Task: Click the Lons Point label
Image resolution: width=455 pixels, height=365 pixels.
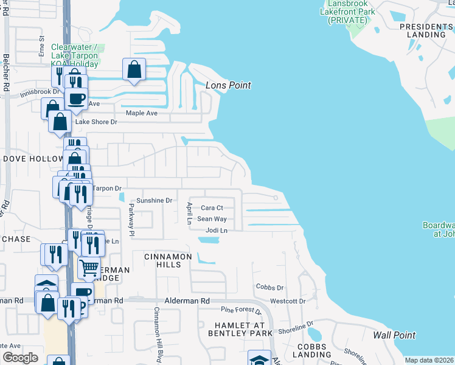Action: (x=228, y=86)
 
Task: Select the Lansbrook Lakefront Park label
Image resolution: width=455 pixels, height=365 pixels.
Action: (x=347, y=12)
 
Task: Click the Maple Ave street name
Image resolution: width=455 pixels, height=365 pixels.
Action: (x=141, y=113)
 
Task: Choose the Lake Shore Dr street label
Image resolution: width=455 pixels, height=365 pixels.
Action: (x=96, y=122)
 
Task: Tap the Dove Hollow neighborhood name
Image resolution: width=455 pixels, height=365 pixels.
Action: (x=33, y=159)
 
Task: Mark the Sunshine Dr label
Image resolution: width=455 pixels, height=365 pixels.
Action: (x=155, y=200)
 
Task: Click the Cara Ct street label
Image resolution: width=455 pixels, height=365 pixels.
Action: (x=212, y=208)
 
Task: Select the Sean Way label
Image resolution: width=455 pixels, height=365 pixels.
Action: (x=212, y=219)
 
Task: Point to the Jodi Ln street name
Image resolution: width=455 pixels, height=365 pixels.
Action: (x=216, y=231)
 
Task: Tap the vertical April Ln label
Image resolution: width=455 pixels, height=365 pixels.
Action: (x=190, y=214)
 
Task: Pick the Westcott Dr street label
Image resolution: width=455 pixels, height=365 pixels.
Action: (x=288, y=301)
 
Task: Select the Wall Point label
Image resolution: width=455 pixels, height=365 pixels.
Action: (x=394, y=335)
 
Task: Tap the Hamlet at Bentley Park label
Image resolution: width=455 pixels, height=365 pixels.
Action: (x=240, y=329)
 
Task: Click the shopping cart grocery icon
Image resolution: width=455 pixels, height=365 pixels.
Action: (x=89, y=268)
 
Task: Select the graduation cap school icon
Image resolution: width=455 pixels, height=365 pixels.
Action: (x=259, y=359)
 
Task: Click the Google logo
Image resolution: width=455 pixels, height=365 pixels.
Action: (x=20, y=358)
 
